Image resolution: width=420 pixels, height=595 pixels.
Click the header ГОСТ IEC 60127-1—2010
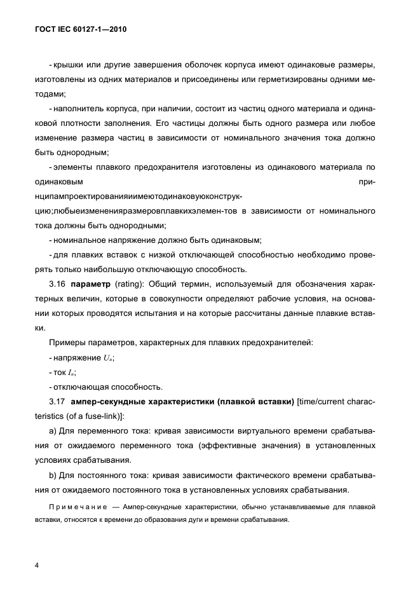81,30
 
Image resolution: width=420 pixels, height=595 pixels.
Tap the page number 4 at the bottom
36,564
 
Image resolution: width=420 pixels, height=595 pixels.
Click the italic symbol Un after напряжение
108,358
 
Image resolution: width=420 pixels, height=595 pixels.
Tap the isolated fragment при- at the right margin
367,182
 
